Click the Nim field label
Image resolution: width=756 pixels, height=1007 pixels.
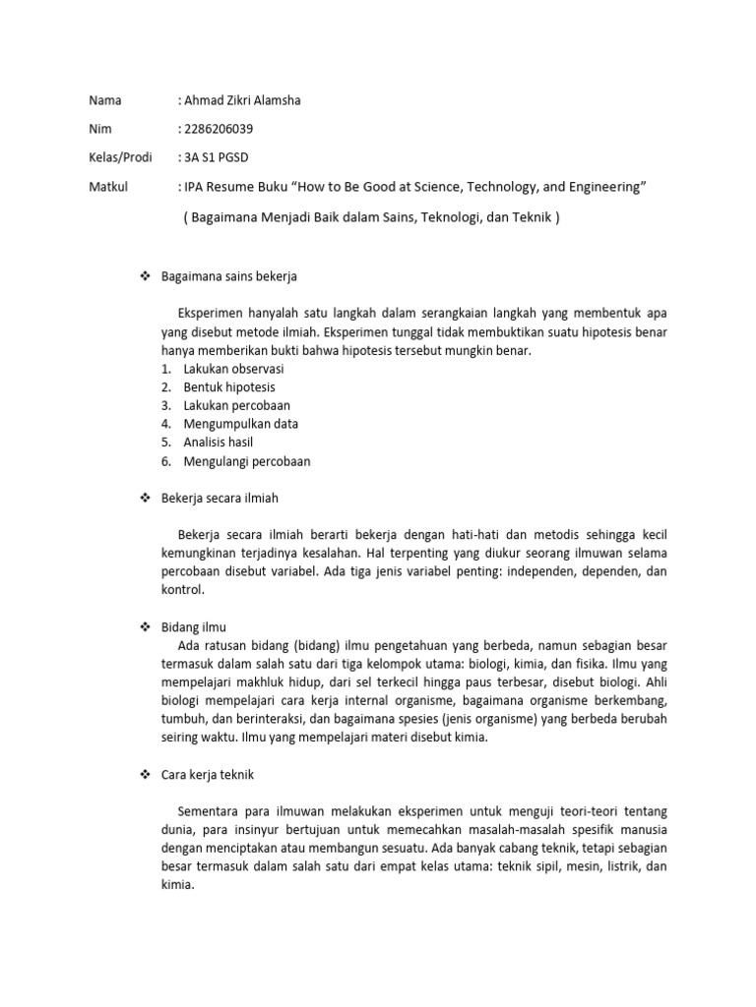point(100,129)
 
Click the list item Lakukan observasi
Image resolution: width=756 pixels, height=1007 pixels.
point(233,369)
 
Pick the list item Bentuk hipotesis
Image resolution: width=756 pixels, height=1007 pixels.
point(228,387)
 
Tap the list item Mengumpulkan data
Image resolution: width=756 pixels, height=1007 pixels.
point(240,424)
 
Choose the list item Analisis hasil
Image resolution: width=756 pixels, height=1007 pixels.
point(218,443)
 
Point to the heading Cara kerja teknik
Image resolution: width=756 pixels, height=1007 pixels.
point(208,775)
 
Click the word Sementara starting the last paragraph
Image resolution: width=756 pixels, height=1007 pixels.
point(210,811)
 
